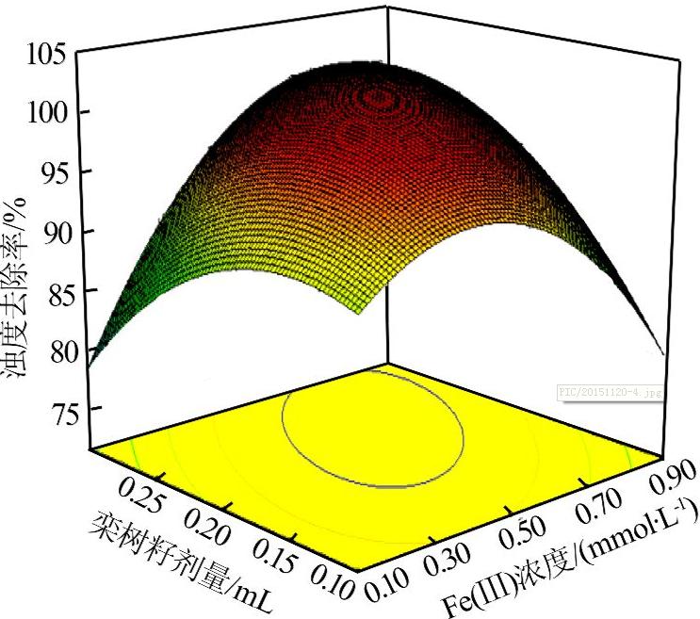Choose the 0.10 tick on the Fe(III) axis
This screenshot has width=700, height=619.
click(x=388, y=588)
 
